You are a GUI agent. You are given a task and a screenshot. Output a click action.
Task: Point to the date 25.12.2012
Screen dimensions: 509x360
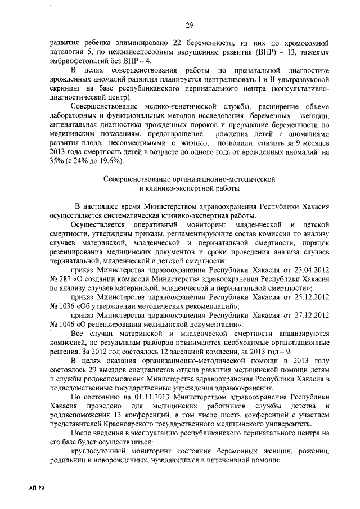(308, 296)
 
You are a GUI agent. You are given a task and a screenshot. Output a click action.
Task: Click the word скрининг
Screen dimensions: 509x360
(65, 88)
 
